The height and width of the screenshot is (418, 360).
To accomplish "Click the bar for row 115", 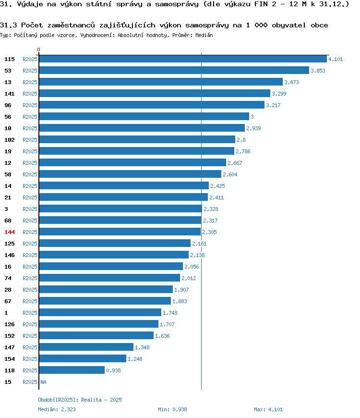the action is click(x=183, y=59).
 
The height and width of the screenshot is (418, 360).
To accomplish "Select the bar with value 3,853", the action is click(x=174, y=70).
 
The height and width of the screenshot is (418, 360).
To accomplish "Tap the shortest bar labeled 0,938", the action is click(x=72, y=370).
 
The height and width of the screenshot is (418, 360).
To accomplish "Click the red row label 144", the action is click(x=10, y=232).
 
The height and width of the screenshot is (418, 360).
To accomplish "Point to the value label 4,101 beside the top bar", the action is click(x=336, y=59).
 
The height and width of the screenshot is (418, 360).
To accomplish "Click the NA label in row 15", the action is click(x=43, y=382).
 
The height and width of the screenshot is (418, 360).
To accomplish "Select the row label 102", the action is click(x=10, y=140).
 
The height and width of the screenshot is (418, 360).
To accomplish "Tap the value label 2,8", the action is click(x=241, y=140).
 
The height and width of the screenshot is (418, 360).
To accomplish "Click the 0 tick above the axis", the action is click(x=38, y=49).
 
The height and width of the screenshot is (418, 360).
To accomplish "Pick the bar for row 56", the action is click(x=144, y=116).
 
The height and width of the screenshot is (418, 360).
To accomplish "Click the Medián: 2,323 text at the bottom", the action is click(x=57, y=409).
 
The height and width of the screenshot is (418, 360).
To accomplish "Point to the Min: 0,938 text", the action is click(x=172, y=409).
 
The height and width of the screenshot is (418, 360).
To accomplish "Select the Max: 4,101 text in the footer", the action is click(x=268, y=409).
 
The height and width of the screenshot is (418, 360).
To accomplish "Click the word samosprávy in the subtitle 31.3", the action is click(x=207, y=25).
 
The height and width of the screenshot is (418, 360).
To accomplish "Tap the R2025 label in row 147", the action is click(x=30, y=347).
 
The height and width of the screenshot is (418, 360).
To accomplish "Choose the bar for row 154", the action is click(x=83, y=358).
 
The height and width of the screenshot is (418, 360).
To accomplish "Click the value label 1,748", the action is click(x=170, y=313).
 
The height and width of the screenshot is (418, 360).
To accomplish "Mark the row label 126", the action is click(x=10, y=324).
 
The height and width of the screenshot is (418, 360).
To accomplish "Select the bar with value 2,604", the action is click(x=130, y=174).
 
